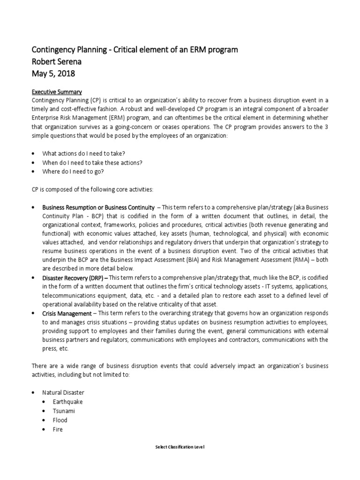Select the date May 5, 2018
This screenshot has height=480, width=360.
pyautogui.click(x=53, y=74)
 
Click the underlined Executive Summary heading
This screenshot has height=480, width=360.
pyautogui.click(x=57, y=92)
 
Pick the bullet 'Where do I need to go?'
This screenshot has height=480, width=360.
pyautogui.click(x=73, y=171)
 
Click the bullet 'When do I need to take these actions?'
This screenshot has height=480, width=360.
pyautogui.click(x=92, y=162)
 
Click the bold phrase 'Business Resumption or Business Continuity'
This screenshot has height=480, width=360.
pyautogui.click(x=98, y=207)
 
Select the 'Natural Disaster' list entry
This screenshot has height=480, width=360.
pyautogui.click(x=63, y=392)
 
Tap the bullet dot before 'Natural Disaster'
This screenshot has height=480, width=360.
pyautogui.click(x=33, y=392)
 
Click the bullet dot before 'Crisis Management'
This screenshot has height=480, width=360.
pyautogui.click(x=33, y=313)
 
